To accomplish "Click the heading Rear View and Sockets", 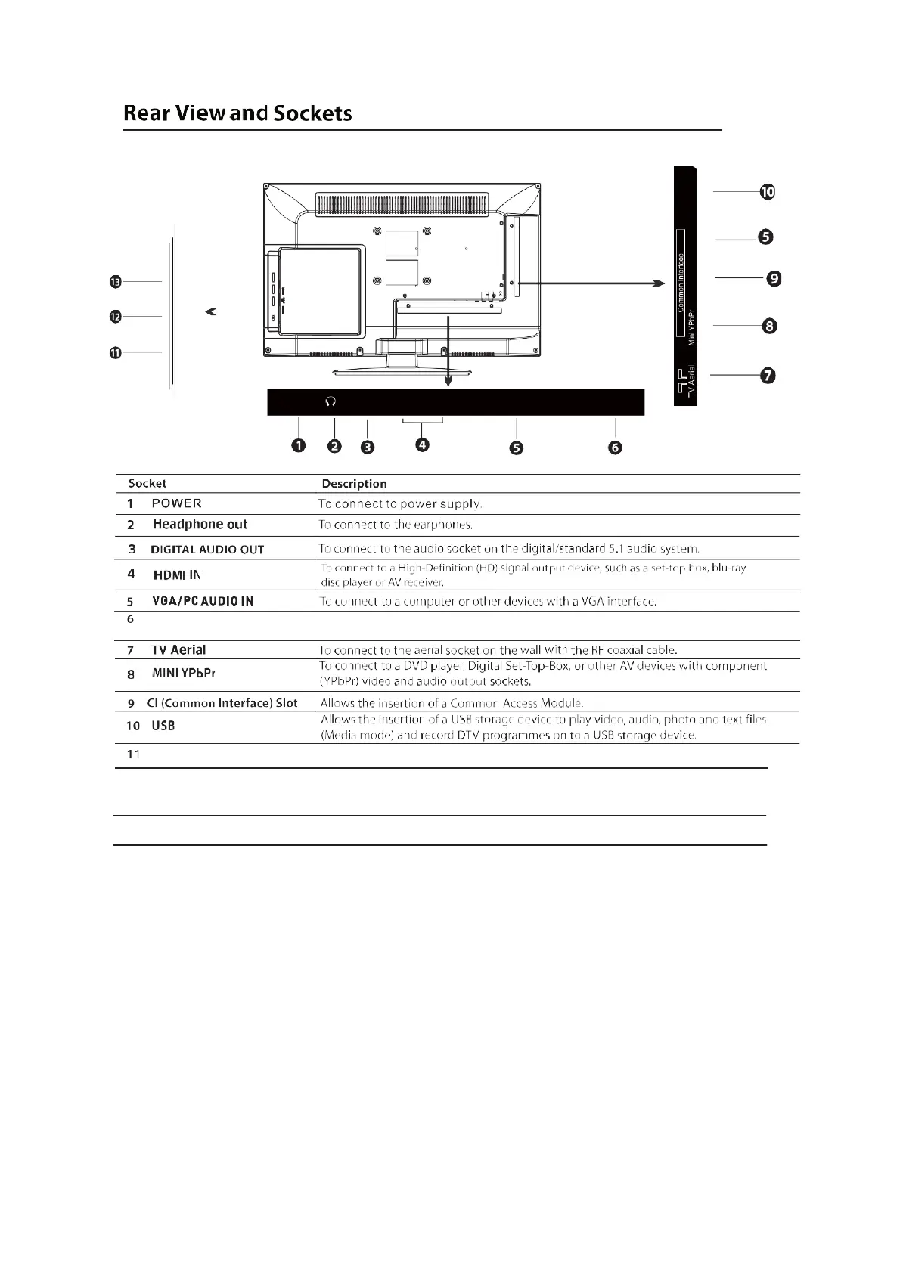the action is tap(237, 113).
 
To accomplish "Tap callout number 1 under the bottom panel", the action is tap(299, 445).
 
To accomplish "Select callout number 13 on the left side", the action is tap(116, 282).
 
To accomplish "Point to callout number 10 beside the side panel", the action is tap(768, 192).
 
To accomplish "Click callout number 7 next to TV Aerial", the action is tap(768, 376).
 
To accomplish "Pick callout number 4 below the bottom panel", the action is tap(422, 444).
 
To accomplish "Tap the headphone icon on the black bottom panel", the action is tap(331, 402).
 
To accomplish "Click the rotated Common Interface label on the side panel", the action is tap(681, 283).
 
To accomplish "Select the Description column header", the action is tap(354, 484).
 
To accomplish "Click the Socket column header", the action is tap(147, 484).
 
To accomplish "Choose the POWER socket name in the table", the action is tap(177, 503).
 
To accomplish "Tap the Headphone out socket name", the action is tap(200, 524).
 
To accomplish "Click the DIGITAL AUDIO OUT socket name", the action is tap(207, 550).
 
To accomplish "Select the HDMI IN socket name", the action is tap(178, 575).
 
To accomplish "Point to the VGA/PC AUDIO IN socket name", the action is tap(203, 601).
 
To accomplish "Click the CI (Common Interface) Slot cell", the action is tap(222, 703).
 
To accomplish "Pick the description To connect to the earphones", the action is tap(396, 525).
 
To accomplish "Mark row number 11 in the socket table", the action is tap(134, 754).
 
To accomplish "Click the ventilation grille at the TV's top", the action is tap(402, 204).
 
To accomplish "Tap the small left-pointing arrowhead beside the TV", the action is tap(211, 311).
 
